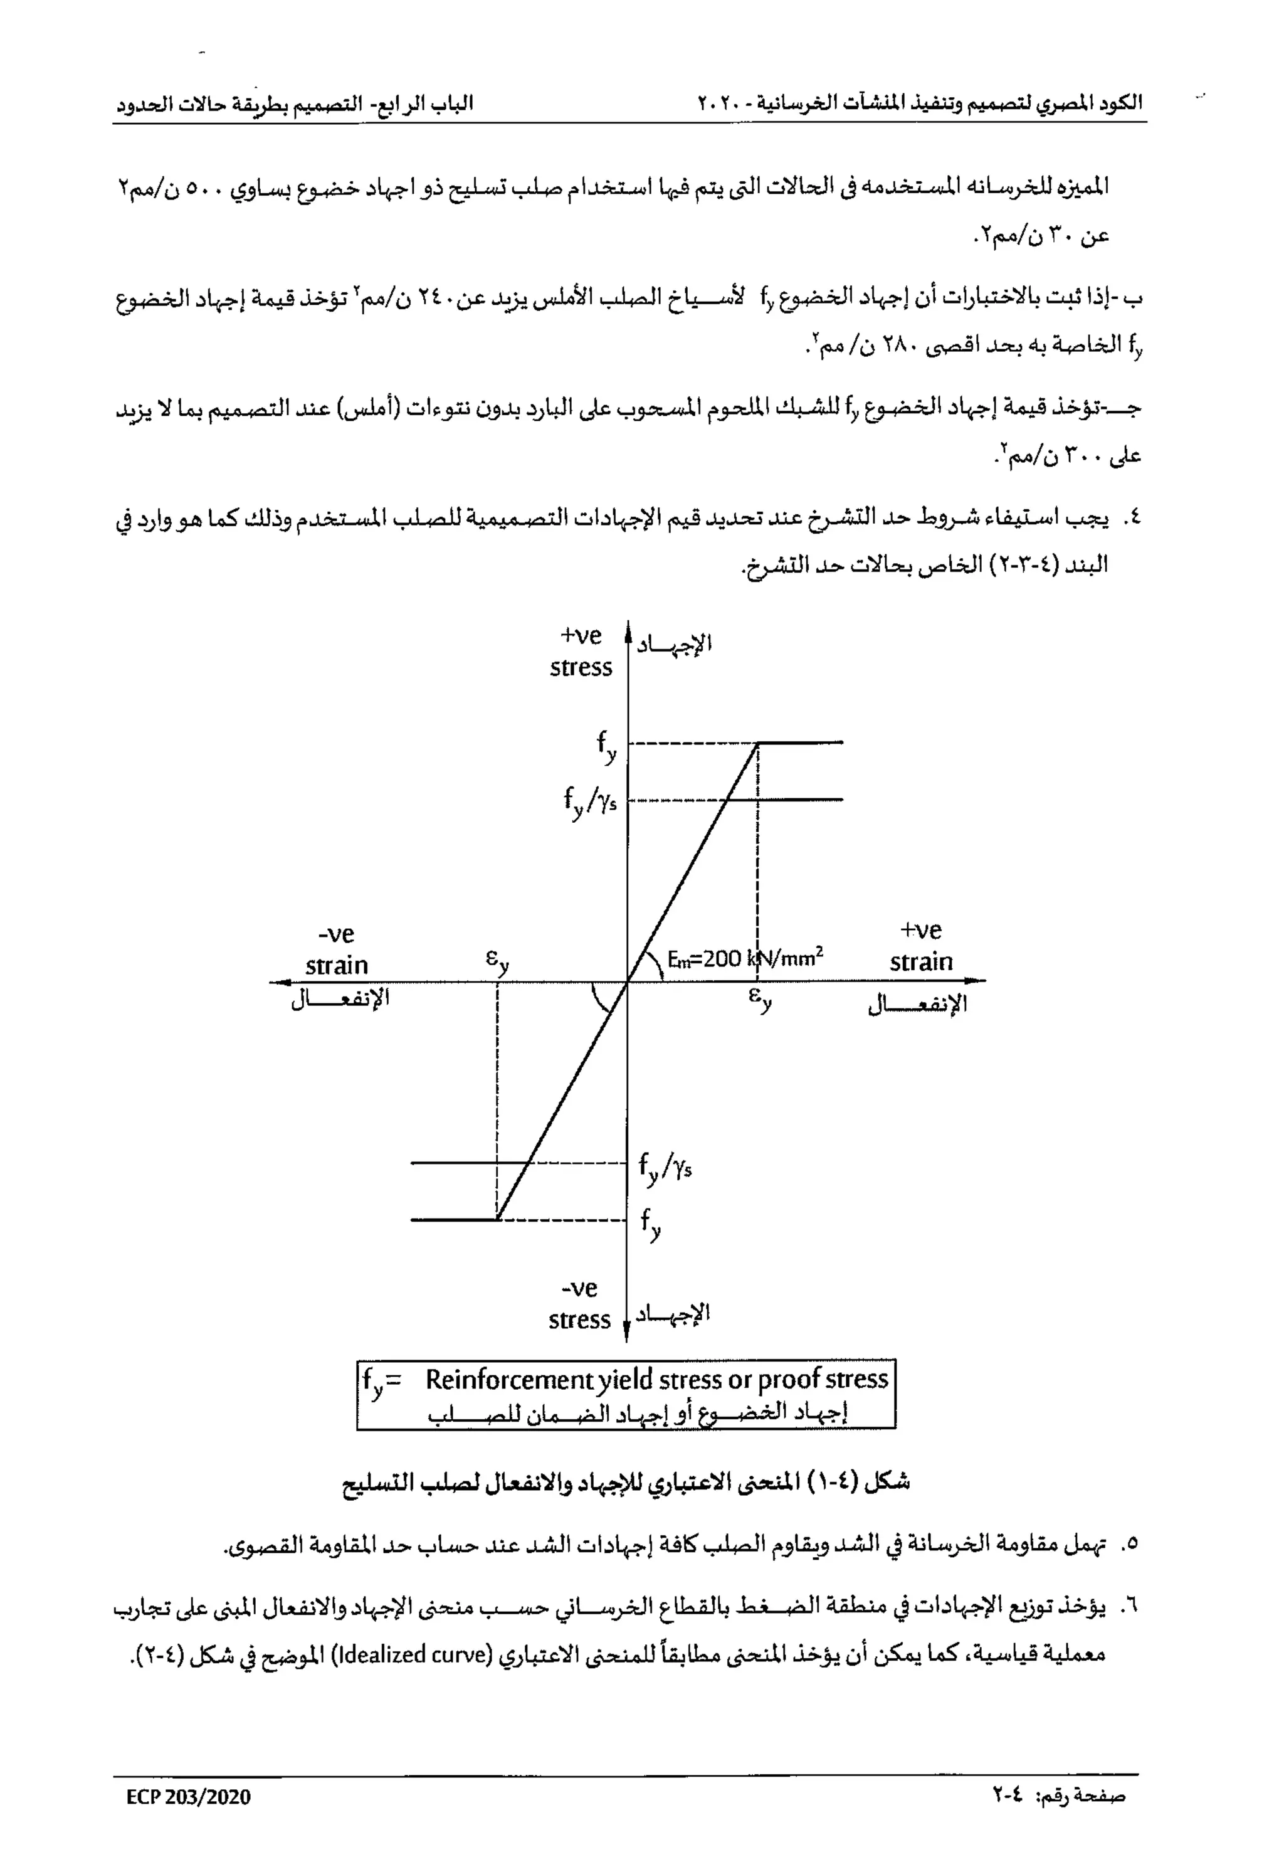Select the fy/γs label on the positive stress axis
591,801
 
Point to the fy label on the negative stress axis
651,1224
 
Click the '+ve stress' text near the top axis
581,651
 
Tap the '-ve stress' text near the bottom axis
580,1304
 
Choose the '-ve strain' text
336,949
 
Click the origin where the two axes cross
628,981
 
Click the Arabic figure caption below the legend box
626,1483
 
